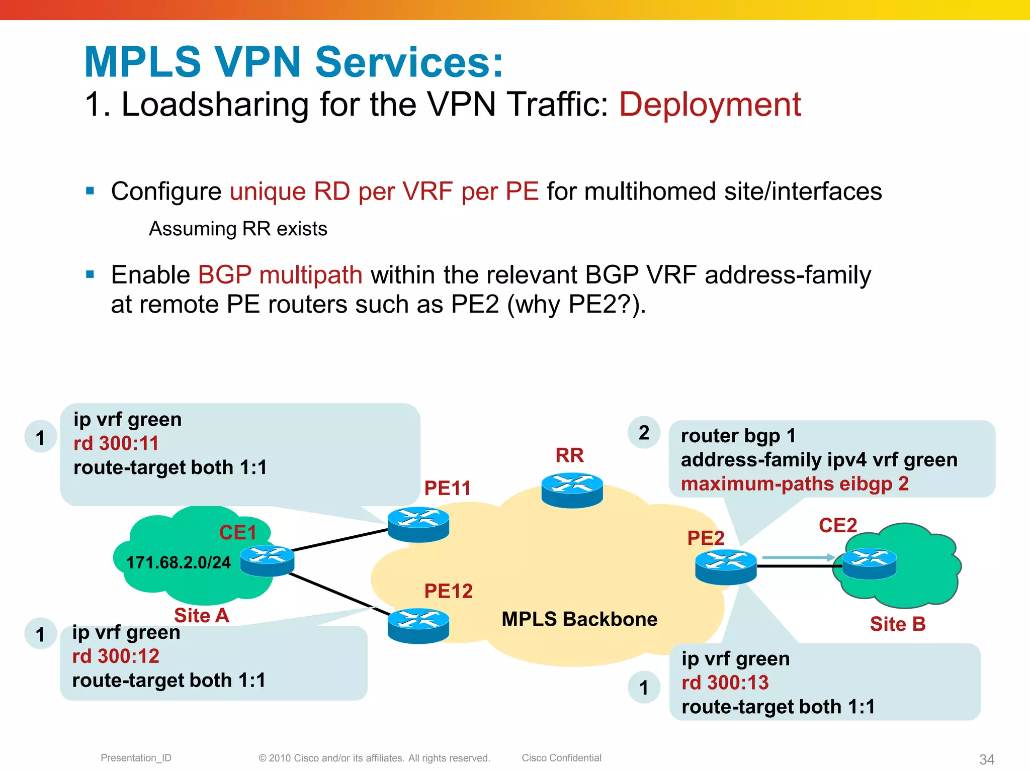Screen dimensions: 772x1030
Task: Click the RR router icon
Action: (x=572, y=490)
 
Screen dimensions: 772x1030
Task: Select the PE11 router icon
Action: (x=418, y=524)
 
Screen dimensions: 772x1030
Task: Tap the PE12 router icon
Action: (x=418, y=625)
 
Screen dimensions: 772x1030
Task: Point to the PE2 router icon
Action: (x=726, y=567)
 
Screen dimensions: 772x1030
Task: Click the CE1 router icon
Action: (x=267, y=560)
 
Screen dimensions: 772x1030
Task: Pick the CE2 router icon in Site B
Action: (x=869, y=563)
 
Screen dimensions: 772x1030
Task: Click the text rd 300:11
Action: (x=116, y=443)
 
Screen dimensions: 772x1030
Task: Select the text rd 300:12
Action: (x=116, y=656)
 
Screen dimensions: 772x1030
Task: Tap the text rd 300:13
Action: (x=725, y=683)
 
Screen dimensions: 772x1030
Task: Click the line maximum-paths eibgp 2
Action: (x=795, y=484)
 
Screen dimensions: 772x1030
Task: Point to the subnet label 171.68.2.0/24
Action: (x=179, y=562)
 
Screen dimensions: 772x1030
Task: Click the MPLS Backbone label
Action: (x=579, y=619)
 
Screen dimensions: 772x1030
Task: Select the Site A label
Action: (x=201, y=616)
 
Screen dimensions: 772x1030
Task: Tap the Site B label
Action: (x=898, y=624)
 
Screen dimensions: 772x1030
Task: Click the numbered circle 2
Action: (x=644, y=433)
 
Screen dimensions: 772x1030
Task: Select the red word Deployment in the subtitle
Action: (x=710, y=105)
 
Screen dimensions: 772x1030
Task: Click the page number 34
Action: (x=986, y=759)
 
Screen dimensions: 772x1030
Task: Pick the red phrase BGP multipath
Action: (x=280, y=275)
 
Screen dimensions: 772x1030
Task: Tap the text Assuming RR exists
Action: (x=238, y=229)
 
